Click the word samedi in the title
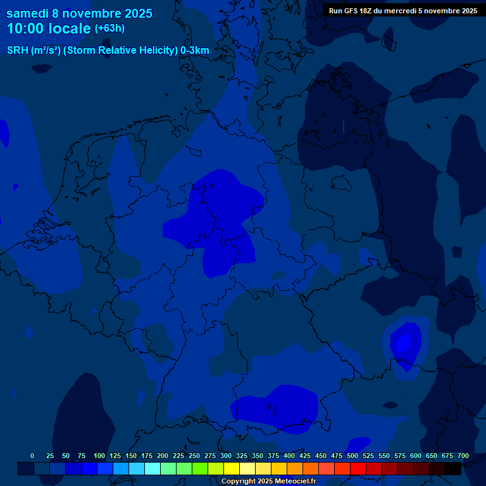(x=27, y=13)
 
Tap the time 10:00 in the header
(x=28, y=28)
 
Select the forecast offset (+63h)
(x=109, y=28)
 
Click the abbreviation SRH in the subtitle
(x=18, y=51)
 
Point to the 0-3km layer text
(x=195, y=51)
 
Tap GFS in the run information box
(x=352, y=11)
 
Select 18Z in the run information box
(x=370, y=11)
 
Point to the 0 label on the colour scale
(x=32, y=456)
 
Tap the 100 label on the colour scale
(x=99, y=456)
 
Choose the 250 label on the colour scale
(x=194, y=456)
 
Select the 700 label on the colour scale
(x=463, y=456)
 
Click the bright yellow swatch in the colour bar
(x=232, y=469)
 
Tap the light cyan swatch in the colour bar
(x=153, y=469)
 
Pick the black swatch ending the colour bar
(x=453, y=469)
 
